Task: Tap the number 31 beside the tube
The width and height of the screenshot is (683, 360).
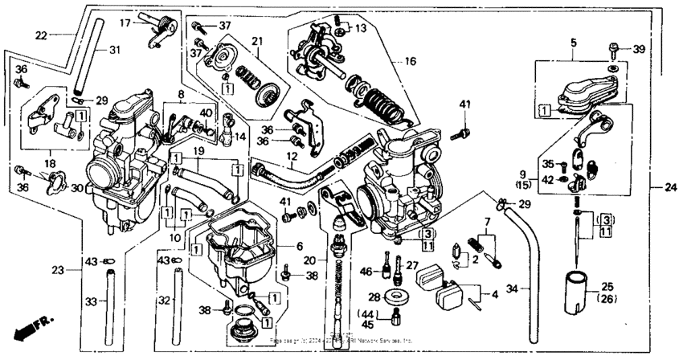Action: click(x=116, y=50)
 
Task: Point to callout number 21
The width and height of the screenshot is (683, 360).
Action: click(x=257, y=41)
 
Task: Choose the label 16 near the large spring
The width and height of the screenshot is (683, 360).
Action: click(x=411, y=60)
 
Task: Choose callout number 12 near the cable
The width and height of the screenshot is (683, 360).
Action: click(x=292, y=156)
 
